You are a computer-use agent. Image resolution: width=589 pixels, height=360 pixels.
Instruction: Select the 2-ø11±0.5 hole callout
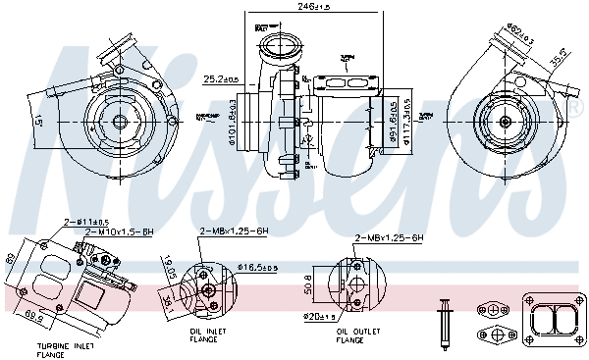[86, 221]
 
